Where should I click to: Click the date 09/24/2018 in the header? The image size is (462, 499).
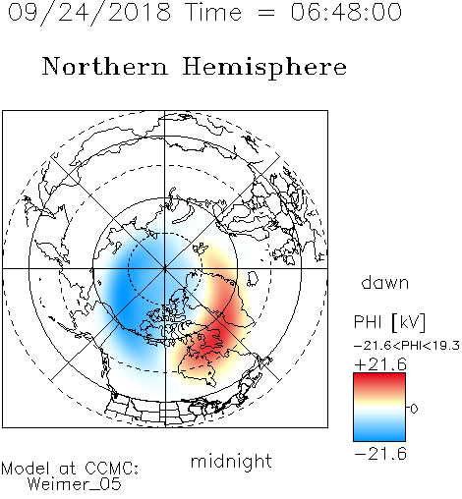pos(89,13)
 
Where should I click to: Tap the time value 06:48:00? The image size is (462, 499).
pos(346,12)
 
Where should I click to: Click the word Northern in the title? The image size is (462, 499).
pos(105,67)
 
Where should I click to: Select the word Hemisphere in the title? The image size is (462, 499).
pos(264,68)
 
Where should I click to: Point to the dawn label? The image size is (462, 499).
pos(385,282)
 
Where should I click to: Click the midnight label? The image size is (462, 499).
pos(231,461)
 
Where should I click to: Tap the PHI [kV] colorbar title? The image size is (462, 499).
pos(390,322)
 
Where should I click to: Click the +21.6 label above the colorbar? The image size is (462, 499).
pos(380,364)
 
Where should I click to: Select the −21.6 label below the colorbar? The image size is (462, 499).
pos(380,454)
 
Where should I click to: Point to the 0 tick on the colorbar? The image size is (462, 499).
pos(414,409)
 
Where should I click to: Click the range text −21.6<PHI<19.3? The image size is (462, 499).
pos(407,345)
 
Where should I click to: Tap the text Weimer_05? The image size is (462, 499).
pos(74,484)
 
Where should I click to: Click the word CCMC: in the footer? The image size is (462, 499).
pos(112,469)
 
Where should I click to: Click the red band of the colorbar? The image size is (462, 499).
pos(379,382)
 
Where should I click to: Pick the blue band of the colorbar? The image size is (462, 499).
pos(379,431)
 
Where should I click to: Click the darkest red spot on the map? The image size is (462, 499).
pos(214,340)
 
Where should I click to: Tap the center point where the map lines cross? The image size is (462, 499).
pos(165,268)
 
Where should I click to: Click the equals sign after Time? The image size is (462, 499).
pos(265,13)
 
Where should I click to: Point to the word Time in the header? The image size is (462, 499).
pos(213,12)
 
